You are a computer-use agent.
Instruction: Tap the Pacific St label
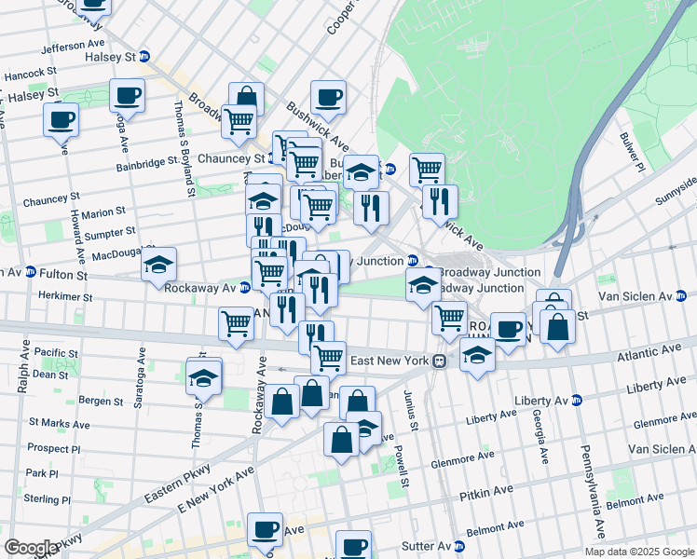pyautogui.click(x=58, y=353)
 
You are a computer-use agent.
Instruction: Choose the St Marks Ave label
pyautogui.click(x=60, y=423)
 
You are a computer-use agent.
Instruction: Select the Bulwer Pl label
pyautogui.click(x=631, y=152)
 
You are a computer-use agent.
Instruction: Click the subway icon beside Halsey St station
pyautogui.click(x=144, y=57)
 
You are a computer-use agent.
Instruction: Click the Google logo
pyautogui.click(x=31, y=548)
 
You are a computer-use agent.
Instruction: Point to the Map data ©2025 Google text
pyautogui.click(x=639, y=551)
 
